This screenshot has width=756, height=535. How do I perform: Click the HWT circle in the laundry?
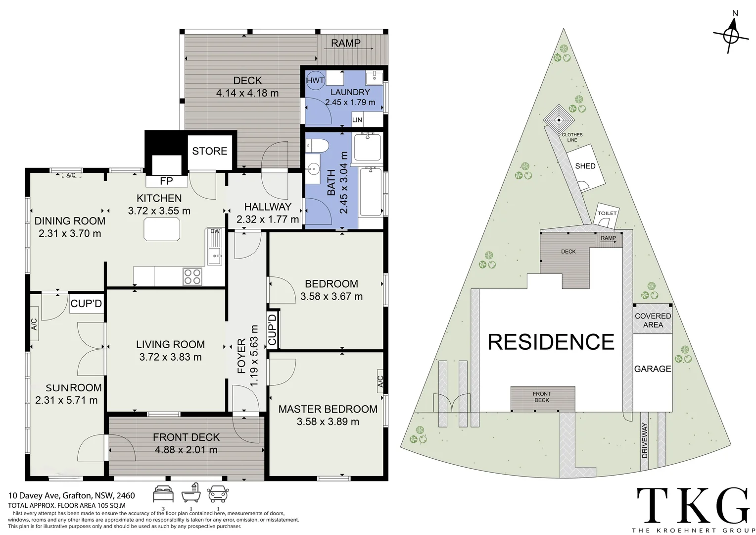click(x=315, y=80)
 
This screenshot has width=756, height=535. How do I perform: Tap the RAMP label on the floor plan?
click(x=346, y=43)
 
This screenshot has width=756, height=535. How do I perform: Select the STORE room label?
click(x=210, y=151)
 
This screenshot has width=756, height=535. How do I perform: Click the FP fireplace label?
click(x=166, y=181)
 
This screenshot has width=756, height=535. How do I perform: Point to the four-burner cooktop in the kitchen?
click(x=192, y=276)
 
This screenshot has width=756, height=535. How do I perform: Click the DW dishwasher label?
click(x=215, y=231)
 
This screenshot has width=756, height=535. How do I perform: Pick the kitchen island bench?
click(x=162, y=229)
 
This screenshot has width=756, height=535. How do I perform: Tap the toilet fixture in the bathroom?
click(x=317, y=146)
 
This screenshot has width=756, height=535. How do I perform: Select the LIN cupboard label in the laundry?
click(x=357, y=120)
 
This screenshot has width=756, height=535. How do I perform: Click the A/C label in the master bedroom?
click(x=380, y=381)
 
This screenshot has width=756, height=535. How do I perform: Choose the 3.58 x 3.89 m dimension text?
click(x=328, y=422)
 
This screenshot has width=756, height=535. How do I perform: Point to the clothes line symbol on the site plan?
click(x=559, y=120)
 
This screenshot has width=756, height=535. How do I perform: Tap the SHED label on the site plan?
click(x=585, y=166)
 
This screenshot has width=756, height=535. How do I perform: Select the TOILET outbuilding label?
click(x=607, y=213)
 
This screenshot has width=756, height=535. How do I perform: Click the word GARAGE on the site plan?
click(x=653, y=369)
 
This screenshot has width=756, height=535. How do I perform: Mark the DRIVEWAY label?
click(x=645, y=440)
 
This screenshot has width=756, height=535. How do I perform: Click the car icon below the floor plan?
click(x=218, y=494)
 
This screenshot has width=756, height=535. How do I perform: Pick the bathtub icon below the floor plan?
click(x=191, y=493)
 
